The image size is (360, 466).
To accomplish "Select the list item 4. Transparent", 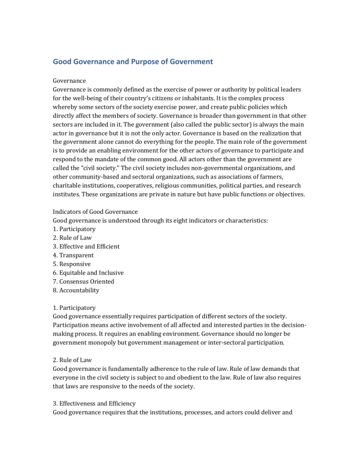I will (x=73, y=256).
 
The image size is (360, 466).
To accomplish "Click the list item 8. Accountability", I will (x=76, y=291).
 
